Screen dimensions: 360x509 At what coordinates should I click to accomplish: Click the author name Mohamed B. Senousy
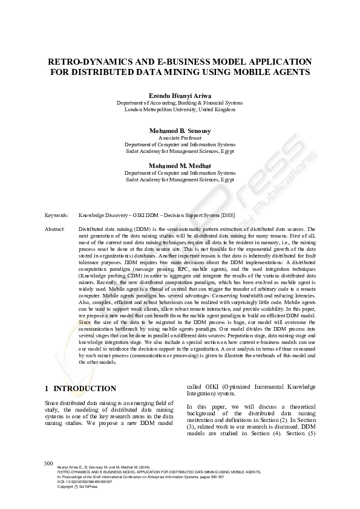click(x=180, y=131)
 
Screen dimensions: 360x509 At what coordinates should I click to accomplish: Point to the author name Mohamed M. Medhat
click(x=180, y=166)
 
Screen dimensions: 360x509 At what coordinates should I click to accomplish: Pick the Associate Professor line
click(x=180, y=138)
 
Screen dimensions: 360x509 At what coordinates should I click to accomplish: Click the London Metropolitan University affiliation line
click(x=180, y=110)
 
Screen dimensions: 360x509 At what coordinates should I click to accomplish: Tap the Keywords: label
click(x=57, y=215)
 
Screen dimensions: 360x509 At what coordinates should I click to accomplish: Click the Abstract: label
click(x=55, y=230)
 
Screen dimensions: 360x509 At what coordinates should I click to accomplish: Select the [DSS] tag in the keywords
click(x=227, y=215)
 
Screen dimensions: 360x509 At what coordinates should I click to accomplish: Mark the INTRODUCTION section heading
click(x=85, y=389)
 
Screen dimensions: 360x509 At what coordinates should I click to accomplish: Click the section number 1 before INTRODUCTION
click(x=47, y=389)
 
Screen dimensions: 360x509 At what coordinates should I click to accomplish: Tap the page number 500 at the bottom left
click(x=49, y=463)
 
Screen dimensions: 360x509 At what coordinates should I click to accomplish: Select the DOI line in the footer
click(x=85, y=481)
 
